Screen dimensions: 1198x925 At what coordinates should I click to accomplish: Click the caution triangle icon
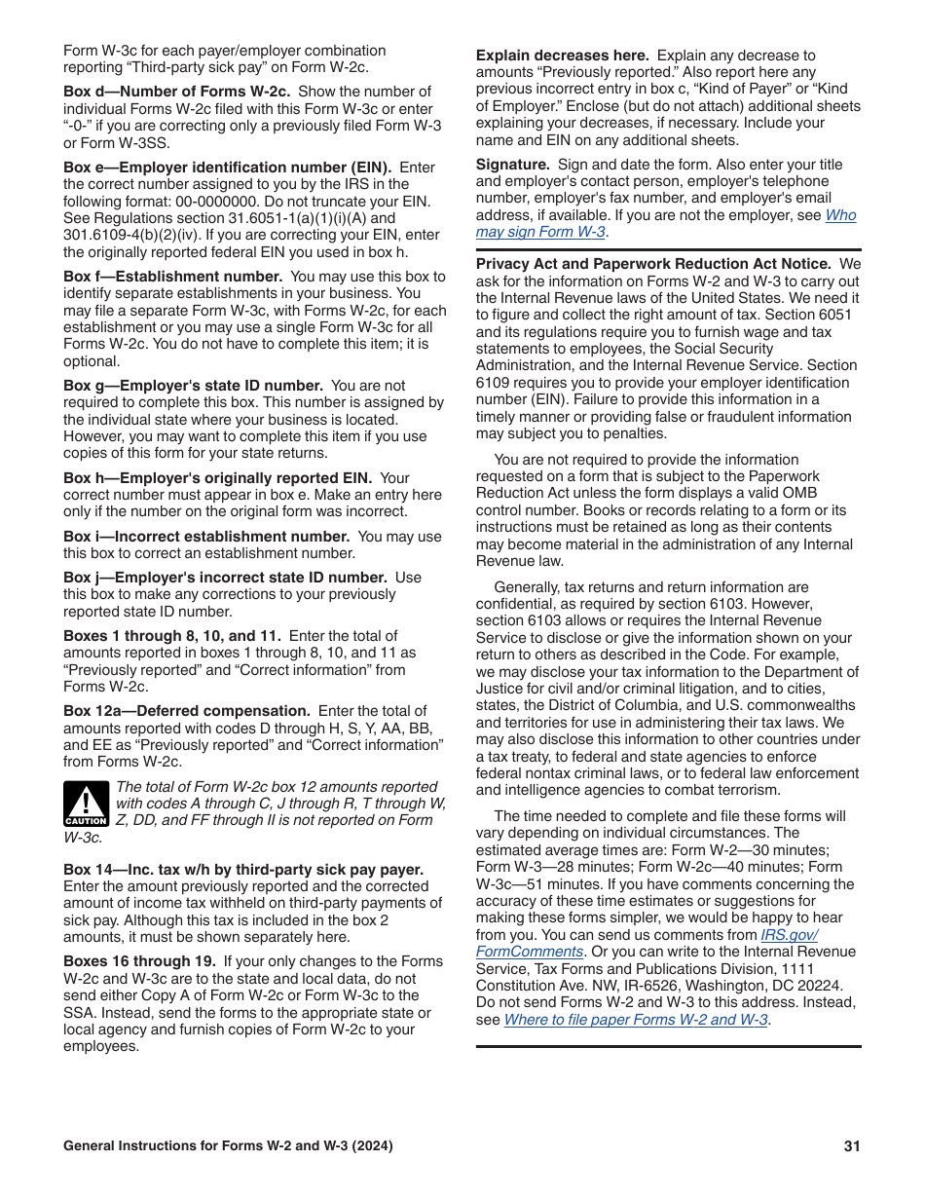(x=86, y=804)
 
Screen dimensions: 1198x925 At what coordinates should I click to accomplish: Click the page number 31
(x=852, y=1146)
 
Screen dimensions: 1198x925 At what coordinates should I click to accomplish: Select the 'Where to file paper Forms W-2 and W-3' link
(x=636, y=1020)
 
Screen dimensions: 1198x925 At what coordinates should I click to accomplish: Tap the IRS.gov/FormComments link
(x=647, y=943)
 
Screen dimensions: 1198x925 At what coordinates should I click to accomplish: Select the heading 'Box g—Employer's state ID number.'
(x=193, y=386)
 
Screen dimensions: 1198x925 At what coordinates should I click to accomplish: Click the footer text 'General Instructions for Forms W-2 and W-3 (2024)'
(x=228, y=1146)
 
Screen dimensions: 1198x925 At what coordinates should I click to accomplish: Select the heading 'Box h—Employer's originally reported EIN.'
(x=217, y=478)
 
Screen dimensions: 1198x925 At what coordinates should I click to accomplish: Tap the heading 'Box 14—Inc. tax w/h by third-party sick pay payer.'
(x=243, y=870)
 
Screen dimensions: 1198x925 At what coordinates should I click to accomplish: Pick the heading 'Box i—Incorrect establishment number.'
(x=206, y=537)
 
